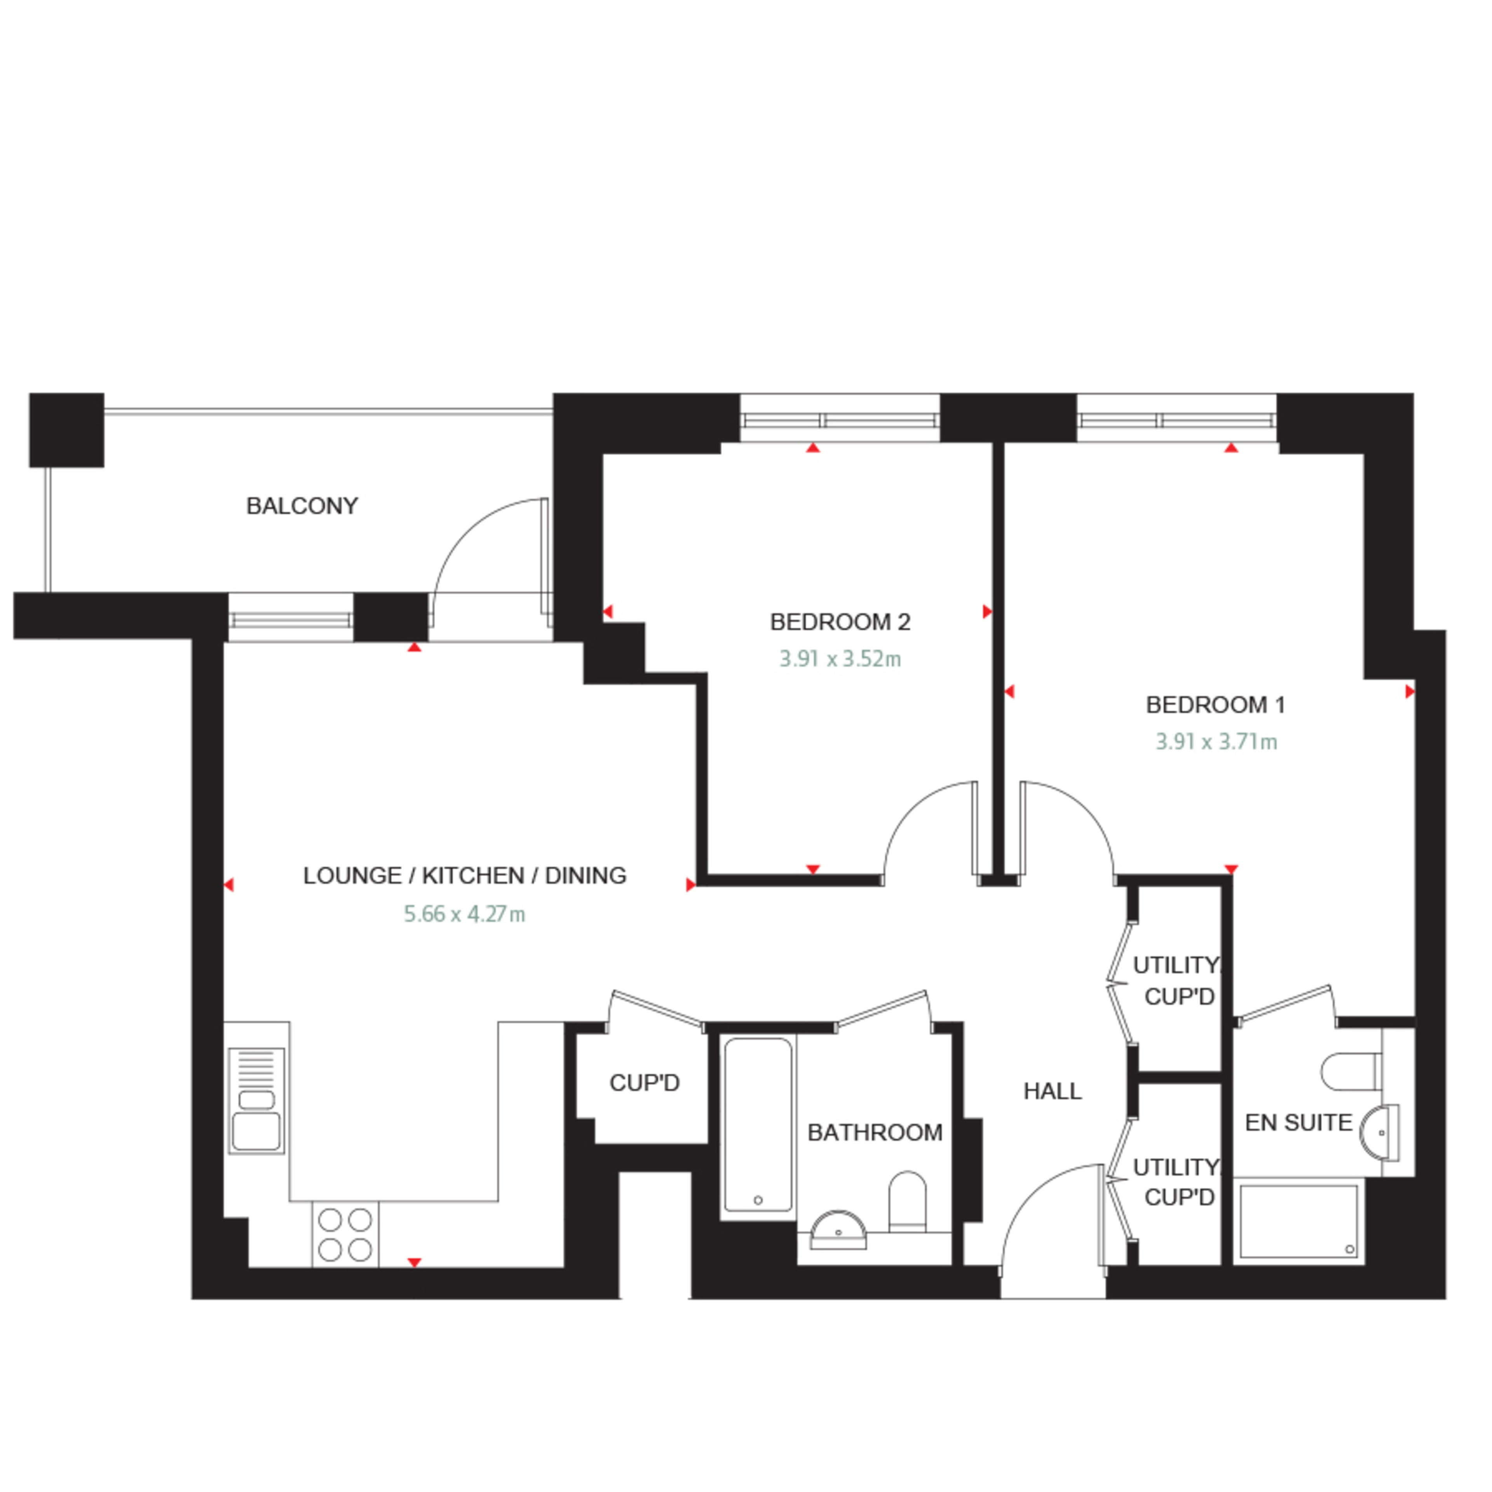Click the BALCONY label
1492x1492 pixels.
tap(302, 506)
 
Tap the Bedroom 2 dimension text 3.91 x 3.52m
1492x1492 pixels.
tap(840, 659)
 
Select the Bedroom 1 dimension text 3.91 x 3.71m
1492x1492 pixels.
tap(1216, 741)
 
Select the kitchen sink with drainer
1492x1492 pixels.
tap(256, 1100)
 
